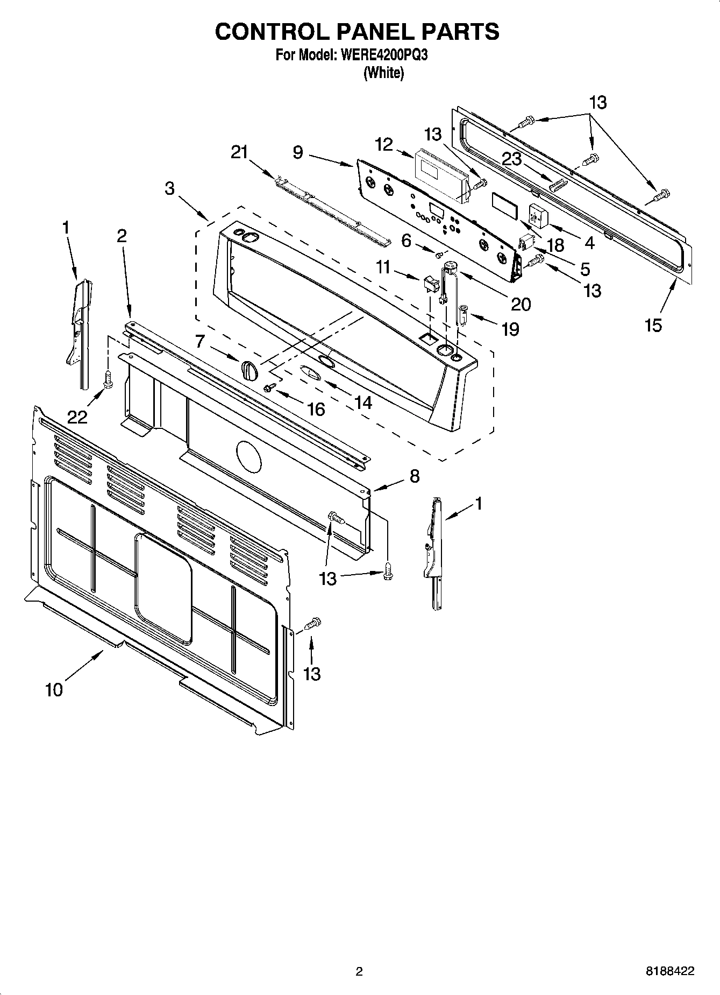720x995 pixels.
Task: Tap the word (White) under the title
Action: tap(383, 73)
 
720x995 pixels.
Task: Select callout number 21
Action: tap(239, 152)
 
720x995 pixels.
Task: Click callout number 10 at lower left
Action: tap(54, 689)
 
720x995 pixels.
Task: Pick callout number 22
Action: tap(77, 415)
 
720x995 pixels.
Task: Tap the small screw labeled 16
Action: tap(270, 386)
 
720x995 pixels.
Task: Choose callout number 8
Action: tap(414, 476)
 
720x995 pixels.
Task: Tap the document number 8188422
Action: tap(669, 971)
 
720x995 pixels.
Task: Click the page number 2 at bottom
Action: tap(359, 971)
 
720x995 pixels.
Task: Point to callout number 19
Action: tap(510, 329)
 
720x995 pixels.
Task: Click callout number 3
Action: tap(170, 188)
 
